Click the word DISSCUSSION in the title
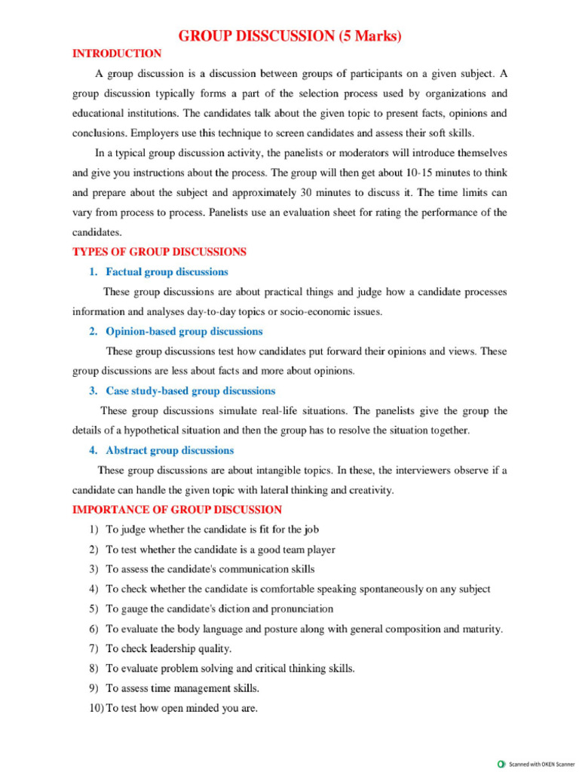(276, 35)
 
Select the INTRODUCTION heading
(116, 54)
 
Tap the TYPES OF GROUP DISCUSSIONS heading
(159, 252)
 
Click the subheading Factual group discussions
(167, 271)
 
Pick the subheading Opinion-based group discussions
(184, 331)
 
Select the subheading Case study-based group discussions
(190, 391)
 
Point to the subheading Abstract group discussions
(170, 450)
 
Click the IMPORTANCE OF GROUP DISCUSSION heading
(177, 510)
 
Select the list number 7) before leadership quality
(93, 648)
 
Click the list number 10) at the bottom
(90, 707)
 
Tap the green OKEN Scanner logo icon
(502, 763)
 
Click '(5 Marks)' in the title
(369, 35)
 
